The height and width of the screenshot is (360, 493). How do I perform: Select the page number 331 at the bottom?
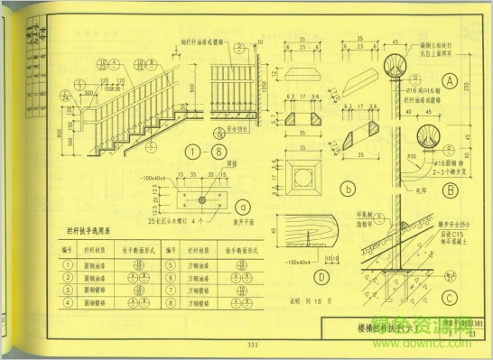252,344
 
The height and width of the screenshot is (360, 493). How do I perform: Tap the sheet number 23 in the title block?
471,334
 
